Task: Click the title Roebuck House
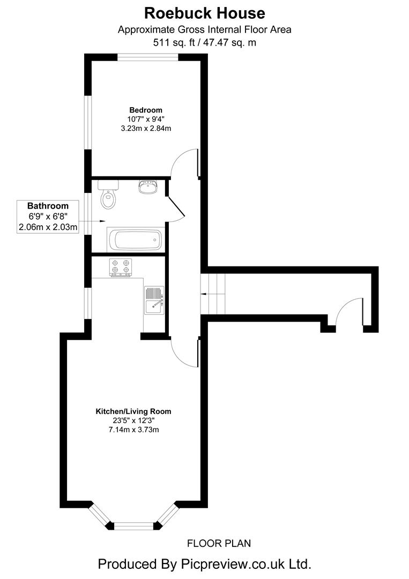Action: click(x=204, y=13)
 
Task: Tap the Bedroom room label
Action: click(x=145, y=110)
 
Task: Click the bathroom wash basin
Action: click(x=148, y=187)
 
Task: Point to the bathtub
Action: click(x=135, y=240)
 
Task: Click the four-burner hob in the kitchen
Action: click(x=121, y=266)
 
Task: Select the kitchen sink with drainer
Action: click(x=154, y=300)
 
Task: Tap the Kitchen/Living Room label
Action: click(x=133, y=412)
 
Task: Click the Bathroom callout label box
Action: click(x=48, y=217)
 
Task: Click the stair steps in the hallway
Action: click(x=214, y=294)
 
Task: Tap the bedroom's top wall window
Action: click(x=148, y=57)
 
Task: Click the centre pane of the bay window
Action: click(x=133, y=526)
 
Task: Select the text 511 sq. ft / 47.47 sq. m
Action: click(x=204, y=42)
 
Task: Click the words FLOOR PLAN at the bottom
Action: click(x=219, y=544)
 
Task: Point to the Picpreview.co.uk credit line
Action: click(x=204, y=563)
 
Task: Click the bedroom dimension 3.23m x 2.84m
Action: click(x=145, y=129)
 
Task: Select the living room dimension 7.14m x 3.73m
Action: click(x=133, y=430)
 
